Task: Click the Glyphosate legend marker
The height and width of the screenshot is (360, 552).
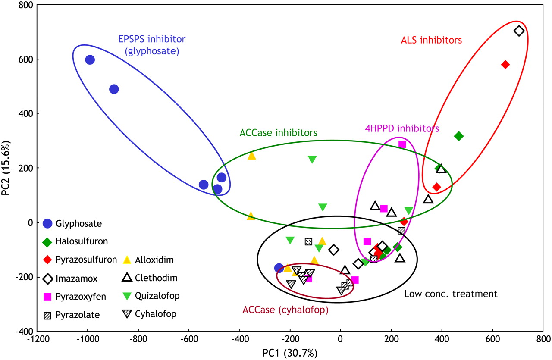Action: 48,223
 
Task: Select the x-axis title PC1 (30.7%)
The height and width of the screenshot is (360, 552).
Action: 290,354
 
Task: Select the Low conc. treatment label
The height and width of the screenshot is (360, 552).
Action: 451,294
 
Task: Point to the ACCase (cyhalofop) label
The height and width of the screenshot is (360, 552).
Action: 285,310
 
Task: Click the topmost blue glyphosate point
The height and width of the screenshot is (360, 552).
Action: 90,60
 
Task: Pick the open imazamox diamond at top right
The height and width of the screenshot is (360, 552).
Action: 519,31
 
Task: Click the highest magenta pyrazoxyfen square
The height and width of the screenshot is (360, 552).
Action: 402,144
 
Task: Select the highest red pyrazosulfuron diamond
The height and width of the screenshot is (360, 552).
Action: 505,65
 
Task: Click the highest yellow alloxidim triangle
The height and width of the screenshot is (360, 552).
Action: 252,156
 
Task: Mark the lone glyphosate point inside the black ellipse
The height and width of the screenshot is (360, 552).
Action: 279,268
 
